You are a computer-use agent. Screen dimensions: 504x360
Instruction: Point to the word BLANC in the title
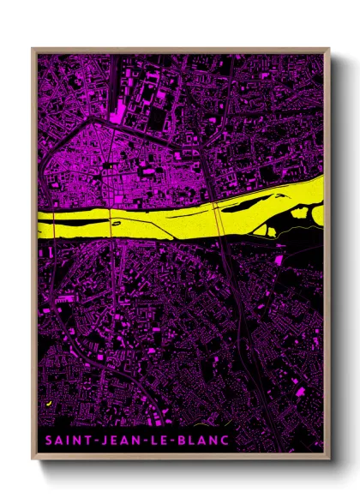(204, 441)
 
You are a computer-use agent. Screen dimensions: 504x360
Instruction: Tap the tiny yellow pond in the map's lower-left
(50, 402)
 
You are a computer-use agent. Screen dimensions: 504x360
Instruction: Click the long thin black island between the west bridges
(82, 221)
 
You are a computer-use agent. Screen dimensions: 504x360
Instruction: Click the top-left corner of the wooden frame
(33, 50)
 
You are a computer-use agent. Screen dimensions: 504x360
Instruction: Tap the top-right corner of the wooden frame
(328, 50)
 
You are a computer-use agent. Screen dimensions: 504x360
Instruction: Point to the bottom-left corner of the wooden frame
(33, 456)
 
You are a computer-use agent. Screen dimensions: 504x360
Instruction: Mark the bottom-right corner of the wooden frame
(328, 456)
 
